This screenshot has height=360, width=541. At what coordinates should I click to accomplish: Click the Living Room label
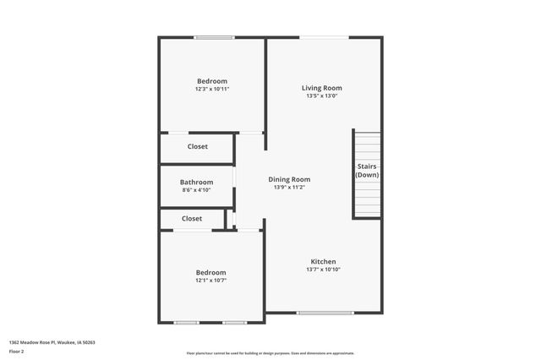pos(322,87)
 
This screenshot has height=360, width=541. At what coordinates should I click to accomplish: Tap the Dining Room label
pos(289,179)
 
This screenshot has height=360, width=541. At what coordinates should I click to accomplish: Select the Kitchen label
pos(323,261)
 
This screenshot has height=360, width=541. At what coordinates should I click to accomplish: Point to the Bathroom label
pos(196,182)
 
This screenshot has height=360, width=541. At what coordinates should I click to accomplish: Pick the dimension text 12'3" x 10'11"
pos(212,89)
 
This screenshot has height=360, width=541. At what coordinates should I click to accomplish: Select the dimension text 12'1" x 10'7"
pos(210,280)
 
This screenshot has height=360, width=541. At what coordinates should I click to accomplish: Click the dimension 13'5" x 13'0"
pos(322,95)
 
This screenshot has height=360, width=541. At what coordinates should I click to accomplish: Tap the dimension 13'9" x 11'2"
pos(289,188)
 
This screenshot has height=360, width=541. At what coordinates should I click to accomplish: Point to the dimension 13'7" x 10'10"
pos(323,270)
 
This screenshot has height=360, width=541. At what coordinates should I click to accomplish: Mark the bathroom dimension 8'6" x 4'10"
pos(196,190)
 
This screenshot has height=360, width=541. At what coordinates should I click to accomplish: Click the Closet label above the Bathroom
pos(197,146)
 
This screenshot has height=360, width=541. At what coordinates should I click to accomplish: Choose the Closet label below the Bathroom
pos(192,218)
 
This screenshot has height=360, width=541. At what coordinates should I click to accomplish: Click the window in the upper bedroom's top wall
pos(214,37)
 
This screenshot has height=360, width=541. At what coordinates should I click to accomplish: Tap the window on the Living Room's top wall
pos(324,37)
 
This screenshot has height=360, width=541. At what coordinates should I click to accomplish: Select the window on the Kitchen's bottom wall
pos(325,313)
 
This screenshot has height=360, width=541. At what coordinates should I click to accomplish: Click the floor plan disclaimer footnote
pos(270,353)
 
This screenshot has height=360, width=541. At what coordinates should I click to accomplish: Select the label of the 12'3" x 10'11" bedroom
pos(212,81)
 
